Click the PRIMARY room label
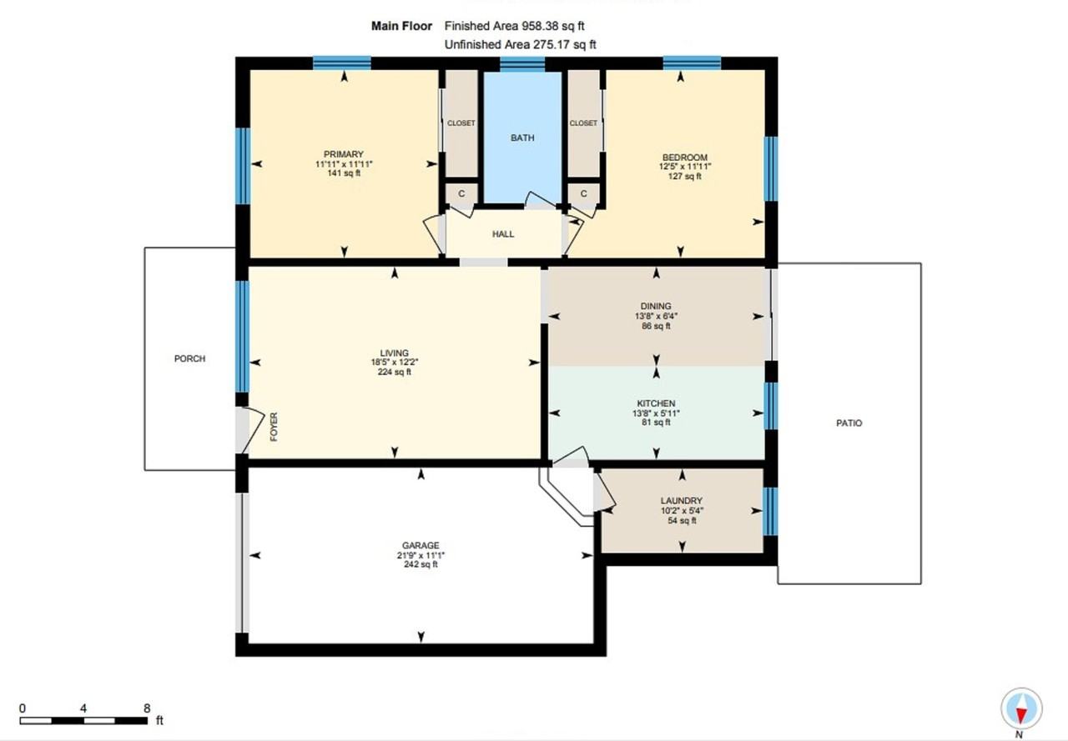pos(344,154)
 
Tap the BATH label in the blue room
pos(522,138)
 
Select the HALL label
pos(503,234)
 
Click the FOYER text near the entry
pos(274,426)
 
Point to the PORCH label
pos(189,358)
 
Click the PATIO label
pos(849,423)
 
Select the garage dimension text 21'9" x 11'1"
pos(420,555)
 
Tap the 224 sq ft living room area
pos(394,372)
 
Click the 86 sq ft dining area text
pos(656,326)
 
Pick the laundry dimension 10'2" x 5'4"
pos(682,511)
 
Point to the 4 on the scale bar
pos(83,708)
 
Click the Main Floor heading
pos(401,27)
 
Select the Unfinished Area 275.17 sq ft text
pos(520,45)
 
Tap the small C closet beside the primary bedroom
pos(461,193)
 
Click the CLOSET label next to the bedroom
pos(583,123)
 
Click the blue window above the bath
pos(522,65)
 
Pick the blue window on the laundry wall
pos(770,510)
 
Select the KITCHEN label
pos(656,403)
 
